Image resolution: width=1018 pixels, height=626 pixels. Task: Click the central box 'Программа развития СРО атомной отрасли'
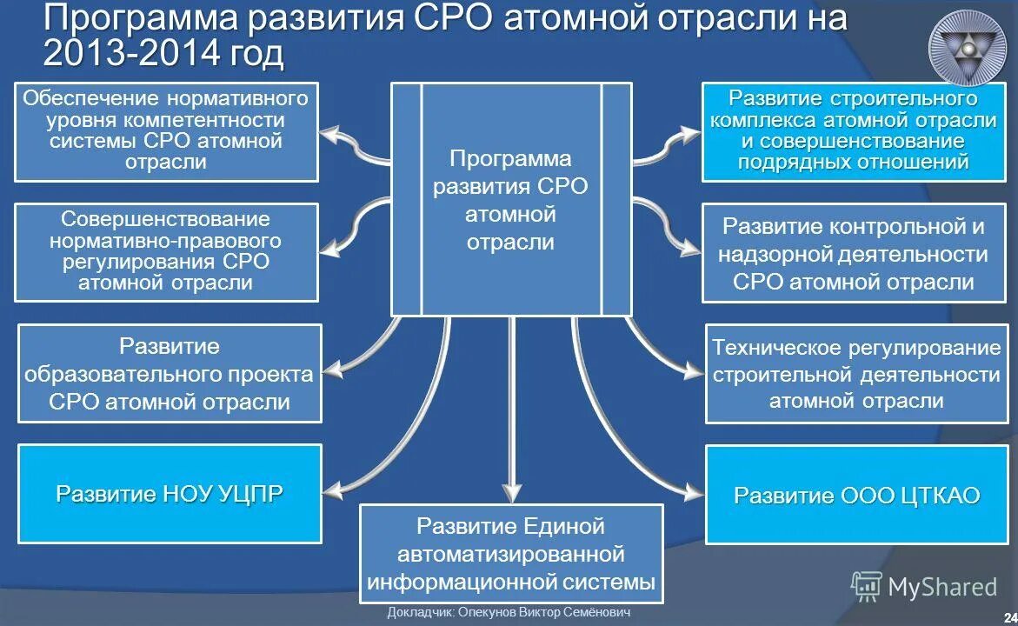510,199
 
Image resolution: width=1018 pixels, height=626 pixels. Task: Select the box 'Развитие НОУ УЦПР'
170,494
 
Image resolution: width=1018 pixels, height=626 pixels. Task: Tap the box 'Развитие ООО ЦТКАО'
856,495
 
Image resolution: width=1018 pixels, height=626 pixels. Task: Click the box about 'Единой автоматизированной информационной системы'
511,554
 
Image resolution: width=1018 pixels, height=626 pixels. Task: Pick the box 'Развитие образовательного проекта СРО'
170,374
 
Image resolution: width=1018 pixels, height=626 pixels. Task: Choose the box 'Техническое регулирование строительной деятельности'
856,374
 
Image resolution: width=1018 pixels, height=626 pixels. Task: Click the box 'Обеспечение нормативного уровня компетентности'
166,131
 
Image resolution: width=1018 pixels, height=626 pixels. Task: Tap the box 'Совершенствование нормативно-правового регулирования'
166,252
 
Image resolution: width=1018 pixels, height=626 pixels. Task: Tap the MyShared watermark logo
924,587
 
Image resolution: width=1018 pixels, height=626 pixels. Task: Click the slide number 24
1010,615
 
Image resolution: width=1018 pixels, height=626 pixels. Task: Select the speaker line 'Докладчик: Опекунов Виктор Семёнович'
509,613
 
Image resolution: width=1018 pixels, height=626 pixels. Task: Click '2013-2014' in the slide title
118,54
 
